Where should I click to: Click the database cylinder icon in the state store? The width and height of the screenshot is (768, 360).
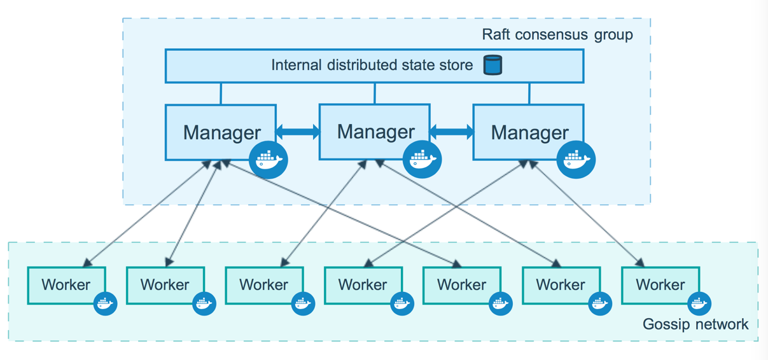click(x=492, y=65)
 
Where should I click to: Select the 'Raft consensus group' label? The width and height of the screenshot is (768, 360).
click(x=557, y=34)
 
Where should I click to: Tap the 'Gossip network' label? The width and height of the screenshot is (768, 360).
click(x=695, y=324)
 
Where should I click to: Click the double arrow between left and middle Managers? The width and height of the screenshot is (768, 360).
click(x=298, y=132)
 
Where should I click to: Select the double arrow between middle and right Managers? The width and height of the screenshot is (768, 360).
click(x=452, y=132)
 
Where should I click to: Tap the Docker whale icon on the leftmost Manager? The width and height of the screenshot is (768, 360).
click(x=269, y=160)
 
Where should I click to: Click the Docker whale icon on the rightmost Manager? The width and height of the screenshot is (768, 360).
click(x=576, y=160)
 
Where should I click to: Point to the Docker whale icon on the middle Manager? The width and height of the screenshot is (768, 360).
click(x=422, y=159)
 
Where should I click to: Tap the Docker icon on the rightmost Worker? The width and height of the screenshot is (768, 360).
click(x=699, y=303)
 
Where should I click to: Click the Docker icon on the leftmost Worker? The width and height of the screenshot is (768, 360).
click(x=105, y=303)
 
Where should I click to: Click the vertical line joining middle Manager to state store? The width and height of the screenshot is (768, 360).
click(x=375, y=93)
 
